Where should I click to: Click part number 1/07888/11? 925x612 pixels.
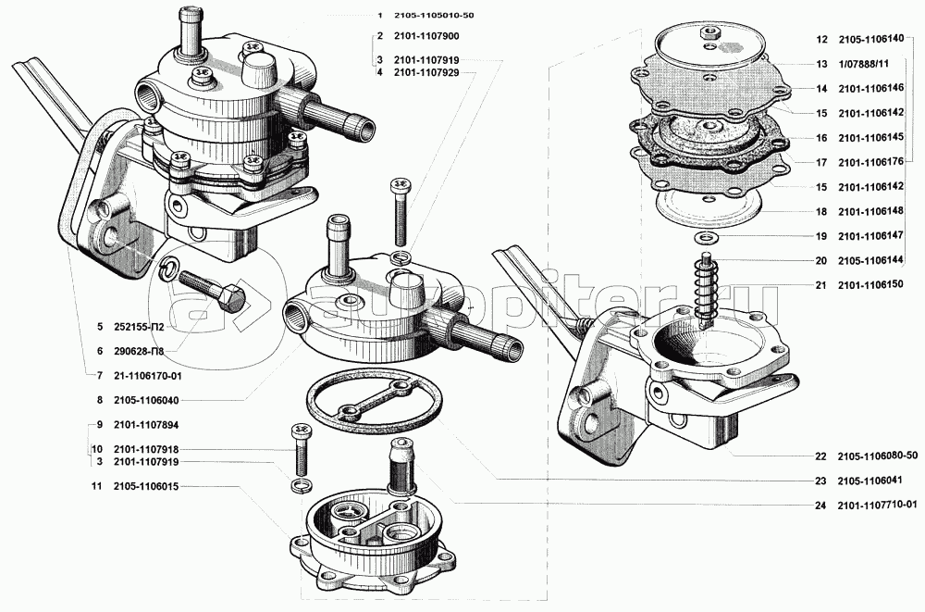[x=864, y=64]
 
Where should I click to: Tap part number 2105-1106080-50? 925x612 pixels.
[x=879, y=456]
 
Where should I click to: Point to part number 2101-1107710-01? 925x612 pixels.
[x=879, y=505]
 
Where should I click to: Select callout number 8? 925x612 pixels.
[x=98, y=400]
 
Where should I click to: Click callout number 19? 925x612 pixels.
[x=820, y=236]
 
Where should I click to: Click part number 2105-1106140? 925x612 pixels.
[x=879, y=41]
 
